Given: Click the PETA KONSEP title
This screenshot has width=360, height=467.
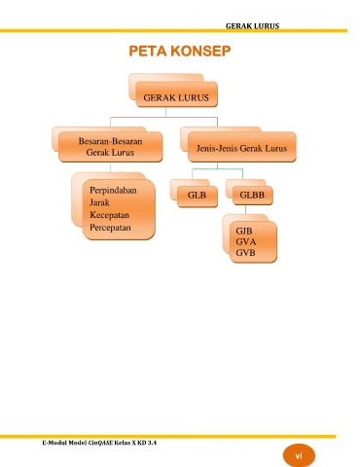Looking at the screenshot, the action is (180, 52).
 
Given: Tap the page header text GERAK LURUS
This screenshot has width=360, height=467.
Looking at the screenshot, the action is (252, 26).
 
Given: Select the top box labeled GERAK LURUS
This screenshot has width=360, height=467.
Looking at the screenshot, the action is (176, 94).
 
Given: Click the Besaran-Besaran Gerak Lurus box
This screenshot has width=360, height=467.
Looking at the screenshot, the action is (111, 147).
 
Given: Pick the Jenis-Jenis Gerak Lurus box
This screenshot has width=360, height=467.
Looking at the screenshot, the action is (242, 147).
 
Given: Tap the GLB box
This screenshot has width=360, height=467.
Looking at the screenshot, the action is (198, 197).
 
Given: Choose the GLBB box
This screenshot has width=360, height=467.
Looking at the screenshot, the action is (253, 196).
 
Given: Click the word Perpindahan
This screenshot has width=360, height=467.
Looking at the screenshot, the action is (113, 191).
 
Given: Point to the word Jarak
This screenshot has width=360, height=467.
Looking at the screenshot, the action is (99, 202).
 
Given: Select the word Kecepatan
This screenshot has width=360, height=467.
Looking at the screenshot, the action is (109, 215).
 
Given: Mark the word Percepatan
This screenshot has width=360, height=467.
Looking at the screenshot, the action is (110, 228).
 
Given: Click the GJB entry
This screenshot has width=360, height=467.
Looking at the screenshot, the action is (244, 231).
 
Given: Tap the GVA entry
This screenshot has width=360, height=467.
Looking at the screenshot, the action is (246, 242).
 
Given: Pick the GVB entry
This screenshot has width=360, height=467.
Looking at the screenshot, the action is (245, 253).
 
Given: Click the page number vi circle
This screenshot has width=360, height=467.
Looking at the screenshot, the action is (299, 456).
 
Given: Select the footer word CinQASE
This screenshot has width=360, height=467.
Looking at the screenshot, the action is (100, 443).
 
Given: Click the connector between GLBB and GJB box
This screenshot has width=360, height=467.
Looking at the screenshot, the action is (245, 210).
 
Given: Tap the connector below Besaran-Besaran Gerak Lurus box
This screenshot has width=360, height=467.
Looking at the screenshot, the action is (110, 167).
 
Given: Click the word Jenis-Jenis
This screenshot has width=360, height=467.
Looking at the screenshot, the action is (213, 149).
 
